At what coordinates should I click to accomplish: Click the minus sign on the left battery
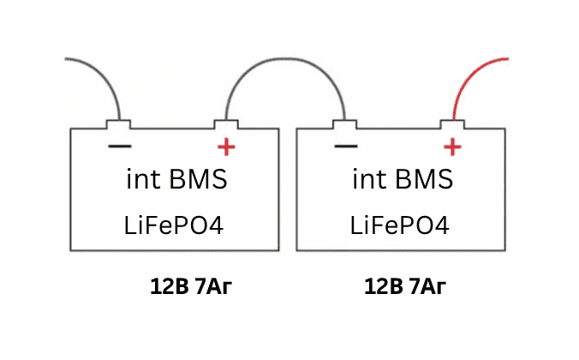[x=120, y=147]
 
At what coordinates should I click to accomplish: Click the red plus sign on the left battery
[x=226, y=147]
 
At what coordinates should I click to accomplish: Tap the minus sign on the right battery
[x=346, y=147]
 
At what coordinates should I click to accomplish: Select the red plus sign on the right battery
[x=452, y=147]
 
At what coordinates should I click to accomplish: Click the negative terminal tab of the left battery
[x=118, y=124]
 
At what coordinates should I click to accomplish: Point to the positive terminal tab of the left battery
[x=226, y=124]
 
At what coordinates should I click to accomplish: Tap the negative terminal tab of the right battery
[x=345, y=124]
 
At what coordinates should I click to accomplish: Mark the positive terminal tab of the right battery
[x=452, y=124]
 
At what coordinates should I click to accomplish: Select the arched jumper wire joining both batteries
[x=286, y=58]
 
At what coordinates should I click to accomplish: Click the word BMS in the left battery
[x=199, y=179]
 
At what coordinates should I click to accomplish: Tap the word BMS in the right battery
[x=424, y=179]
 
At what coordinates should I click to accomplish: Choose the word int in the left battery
[x=143, y=179]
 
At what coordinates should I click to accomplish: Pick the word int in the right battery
[x=369, y=179]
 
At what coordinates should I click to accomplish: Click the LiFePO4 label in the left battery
[x=174, y=225]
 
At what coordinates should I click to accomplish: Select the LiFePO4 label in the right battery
[x=399, y=225]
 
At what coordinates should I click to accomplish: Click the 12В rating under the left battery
[x=169, y=286]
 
